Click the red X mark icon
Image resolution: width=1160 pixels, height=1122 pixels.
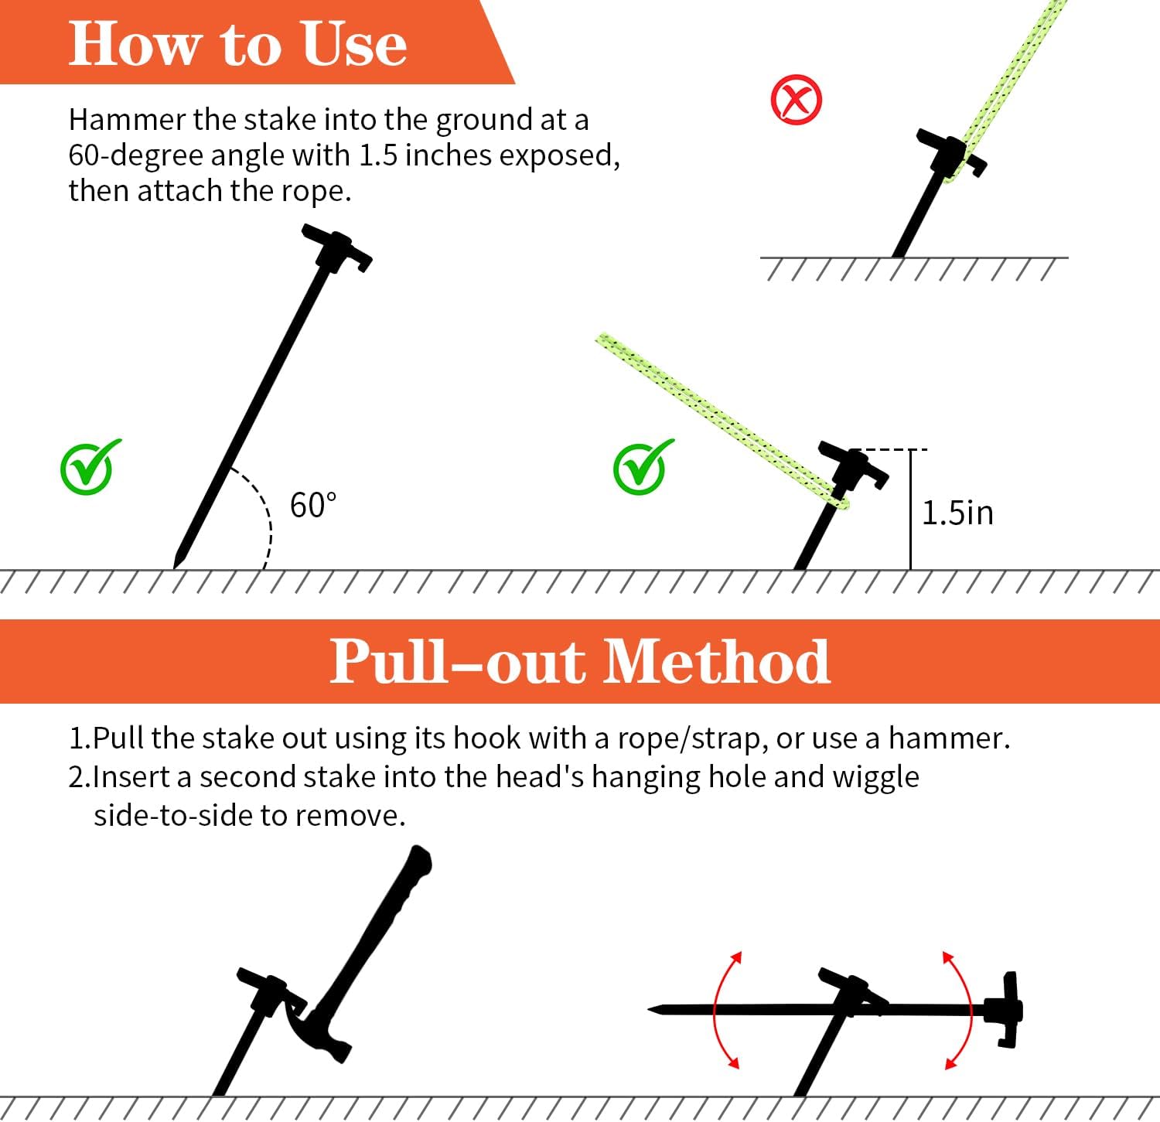coord(797,100)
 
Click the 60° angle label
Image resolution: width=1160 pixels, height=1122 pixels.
coord(313,506)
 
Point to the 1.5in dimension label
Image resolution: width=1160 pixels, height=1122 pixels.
coord(957,513)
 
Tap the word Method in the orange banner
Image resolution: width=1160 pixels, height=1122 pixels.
coord(716,661)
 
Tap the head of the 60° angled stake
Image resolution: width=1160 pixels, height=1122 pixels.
coord(337,248)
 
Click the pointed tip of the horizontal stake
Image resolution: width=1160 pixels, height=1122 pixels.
coord(650,1010)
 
